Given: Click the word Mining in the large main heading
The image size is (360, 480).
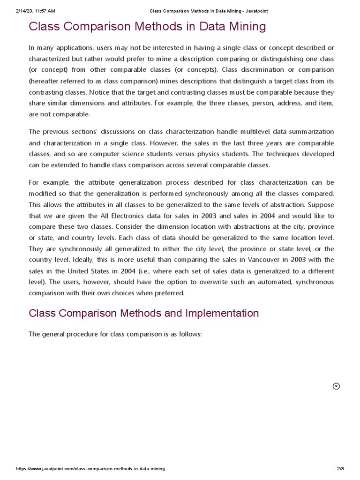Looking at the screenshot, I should click(243, 26).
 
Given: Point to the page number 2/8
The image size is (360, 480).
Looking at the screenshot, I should click(340, 469).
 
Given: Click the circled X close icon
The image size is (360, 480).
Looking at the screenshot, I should click(336, 386).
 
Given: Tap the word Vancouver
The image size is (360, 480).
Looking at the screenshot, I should click(259, 259).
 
